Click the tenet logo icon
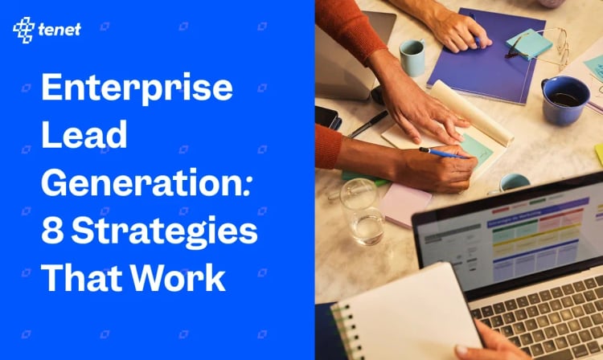click(x=23, y=30)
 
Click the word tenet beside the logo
click(x=58, y=31)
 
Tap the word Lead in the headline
click(x=84, y=135)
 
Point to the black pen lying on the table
click(x=367, y=124)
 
